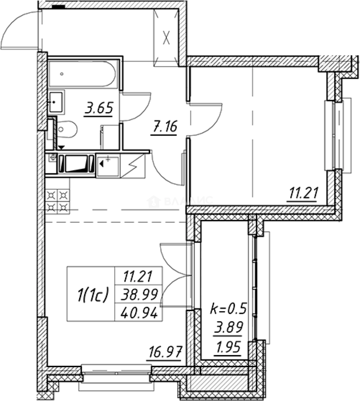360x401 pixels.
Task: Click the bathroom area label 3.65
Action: [98, 109]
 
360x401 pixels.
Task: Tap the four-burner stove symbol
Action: [58, 200]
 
